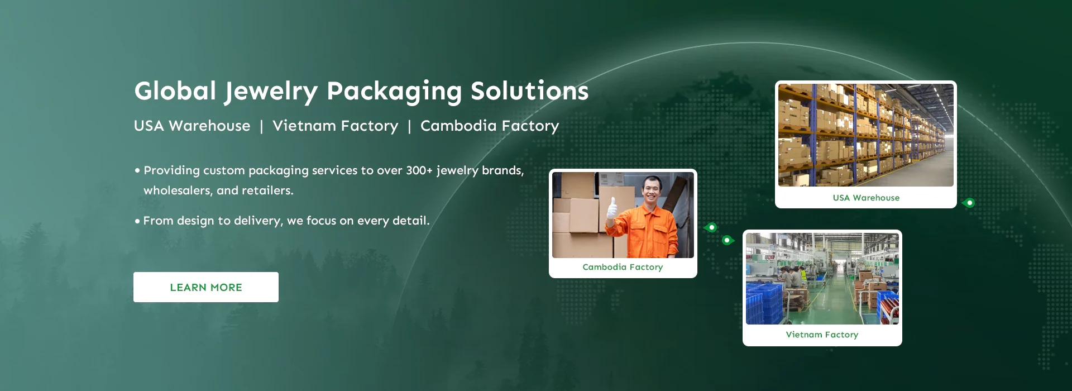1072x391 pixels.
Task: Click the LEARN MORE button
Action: click(206, 287)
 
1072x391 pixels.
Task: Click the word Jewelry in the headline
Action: click(271, 92)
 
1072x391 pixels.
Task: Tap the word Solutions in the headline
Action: click(529, 91)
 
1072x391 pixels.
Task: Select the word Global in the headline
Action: click(175, 91)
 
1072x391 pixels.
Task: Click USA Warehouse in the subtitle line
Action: click(192, 126)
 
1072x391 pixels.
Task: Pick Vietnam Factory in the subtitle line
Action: click(336, 126)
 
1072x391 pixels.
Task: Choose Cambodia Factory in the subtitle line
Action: click(490, 126)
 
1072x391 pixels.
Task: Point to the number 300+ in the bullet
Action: click(419, 170)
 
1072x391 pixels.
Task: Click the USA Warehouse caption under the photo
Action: click(866, 198)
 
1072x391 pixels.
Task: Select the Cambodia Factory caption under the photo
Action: click(623, 267)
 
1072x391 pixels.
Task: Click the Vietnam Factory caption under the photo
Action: click(822, 335)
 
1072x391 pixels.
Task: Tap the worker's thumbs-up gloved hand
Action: click(612, 209)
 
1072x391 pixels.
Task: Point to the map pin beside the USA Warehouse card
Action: click(969, 203)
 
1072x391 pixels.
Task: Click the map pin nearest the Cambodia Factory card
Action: click(711, 227)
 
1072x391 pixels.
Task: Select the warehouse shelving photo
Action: click(866, 135)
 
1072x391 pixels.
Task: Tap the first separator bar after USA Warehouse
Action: click(261, 127)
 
